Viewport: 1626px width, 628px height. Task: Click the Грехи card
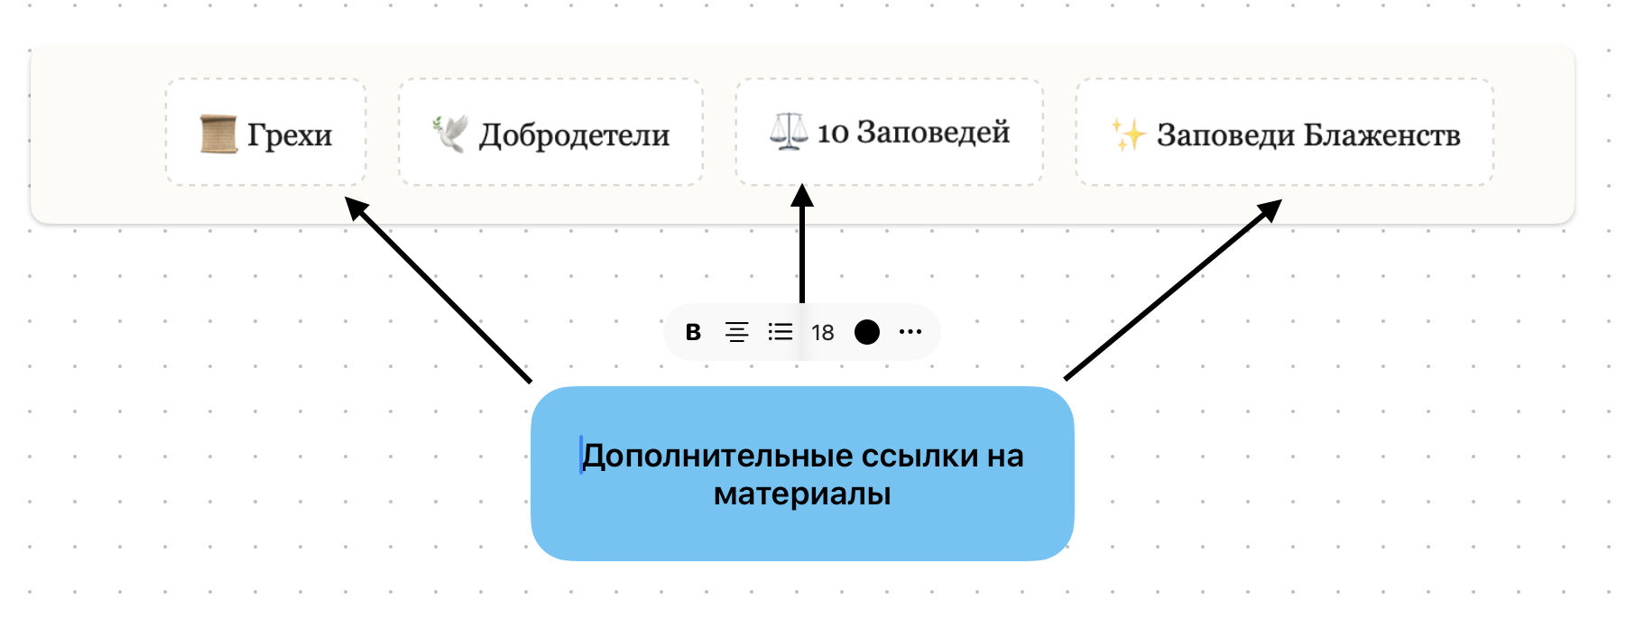coord(266,133)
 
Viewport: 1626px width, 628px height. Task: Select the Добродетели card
coord(550,133)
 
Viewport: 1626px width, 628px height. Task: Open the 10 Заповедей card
coord(890,133)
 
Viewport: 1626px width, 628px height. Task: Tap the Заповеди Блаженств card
coord(1285,133)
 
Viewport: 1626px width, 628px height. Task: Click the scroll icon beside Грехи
coord(218,134)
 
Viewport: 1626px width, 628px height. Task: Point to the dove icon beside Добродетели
coord(450,134)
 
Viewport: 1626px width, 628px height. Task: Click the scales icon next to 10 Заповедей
coord(789,132)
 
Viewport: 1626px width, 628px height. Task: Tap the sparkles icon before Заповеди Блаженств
coord(1128,134)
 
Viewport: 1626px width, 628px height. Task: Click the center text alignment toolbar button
coord(736,332)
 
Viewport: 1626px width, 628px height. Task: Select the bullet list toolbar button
coord(781,332)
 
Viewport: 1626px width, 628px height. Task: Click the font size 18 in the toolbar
coord(823,333)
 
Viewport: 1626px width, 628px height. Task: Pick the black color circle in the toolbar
coord(867,332)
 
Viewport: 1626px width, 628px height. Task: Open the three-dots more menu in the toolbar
coord(910,332)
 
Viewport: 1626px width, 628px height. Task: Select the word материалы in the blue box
coord(802,494)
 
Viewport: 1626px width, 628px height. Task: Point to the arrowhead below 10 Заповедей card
coord(802,197)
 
